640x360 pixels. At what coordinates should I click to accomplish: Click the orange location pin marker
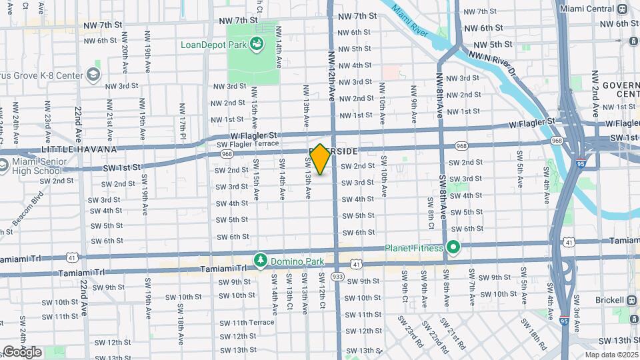(320, 159)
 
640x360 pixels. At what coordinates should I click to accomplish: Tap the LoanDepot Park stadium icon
(257, 45)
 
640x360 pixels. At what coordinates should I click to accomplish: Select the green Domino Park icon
(261, 259)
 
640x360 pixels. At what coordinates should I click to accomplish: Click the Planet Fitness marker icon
(454, 248)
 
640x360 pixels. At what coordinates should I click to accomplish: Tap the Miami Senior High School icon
(3, 165)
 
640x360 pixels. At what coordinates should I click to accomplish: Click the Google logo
(22, 351)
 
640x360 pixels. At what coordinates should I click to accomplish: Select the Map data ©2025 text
(611, 355)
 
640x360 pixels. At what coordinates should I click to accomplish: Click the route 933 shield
(337, 276)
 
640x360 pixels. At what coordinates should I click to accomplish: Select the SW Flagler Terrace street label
(247, 143)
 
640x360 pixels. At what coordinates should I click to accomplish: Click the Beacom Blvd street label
(27, 207)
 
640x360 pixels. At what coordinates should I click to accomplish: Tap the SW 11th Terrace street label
(247, 323)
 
